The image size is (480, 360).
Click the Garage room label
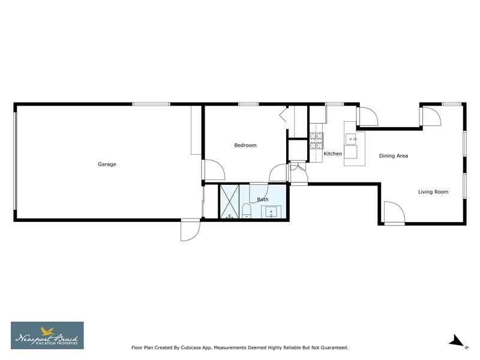tap(107, 164)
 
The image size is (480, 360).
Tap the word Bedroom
tap(245, 145)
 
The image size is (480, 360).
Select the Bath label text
tap(263, 199)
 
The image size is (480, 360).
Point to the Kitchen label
tap(332, 154)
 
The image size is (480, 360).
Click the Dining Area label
tap(394, 156)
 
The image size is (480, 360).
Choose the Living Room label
tap(433, 192)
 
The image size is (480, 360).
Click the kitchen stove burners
tap(316, 140)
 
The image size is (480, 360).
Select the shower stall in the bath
tap(230, 201)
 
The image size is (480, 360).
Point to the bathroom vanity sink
tap(271, 211)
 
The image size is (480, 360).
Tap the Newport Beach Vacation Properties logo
tap(47, 335)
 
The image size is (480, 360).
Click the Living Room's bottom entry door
tap(394, 213)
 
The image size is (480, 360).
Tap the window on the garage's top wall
tap(151, 104)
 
